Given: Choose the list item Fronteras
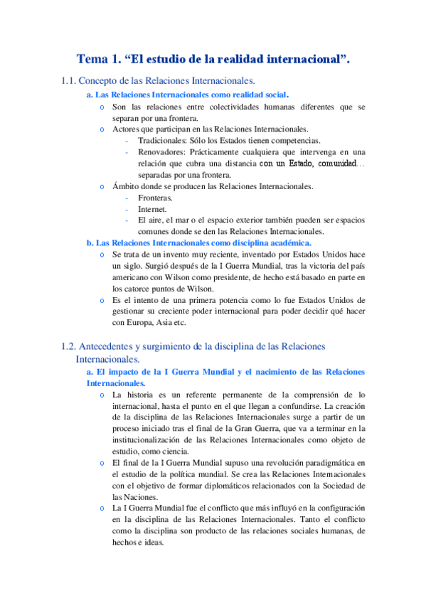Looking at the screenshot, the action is pos(155,198).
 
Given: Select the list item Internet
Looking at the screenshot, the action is pos(153,209).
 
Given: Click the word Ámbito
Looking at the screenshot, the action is pos(126,186).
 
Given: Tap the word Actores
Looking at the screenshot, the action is pos(126,129).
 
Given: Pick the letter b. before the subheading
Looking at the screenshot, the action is pos(90,242).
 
